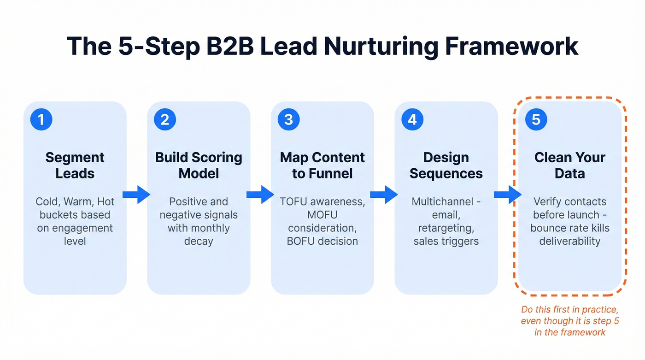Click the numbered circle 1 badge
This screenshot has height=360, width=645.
(x=41, y=120)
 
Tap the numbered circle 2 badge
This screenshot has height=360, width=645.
(x=165, y=120)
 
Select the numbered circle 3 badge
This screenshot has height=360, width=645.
(x=289, y=120)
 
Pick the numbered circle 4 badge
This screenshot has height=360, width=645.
(x=412, y=120)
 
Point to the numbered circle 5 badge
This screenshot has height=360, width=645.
(x=536, y=120)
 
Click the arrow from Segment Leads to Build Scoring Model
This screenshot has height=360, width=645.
(x=136, y=195)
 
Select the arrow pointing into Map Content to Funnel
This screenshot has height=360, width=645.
(x=260, y=195)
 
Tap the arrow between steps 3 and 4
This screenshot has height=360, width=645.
(x=384, y=195)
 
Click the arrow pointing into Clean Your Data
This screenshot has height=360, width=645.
(x=508, y=195)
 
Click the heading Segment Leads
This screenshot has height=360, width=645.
(x=75, y=165)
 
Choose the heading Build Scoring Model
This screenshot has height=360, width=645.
(x=199, y=165)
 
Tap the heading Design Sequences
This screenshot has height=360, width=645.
(x=446, y=165)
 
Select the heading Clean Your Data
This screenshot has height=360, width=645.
(x=570, y=165)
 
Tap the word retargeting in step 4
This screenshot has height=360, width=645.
(x=446, y=228)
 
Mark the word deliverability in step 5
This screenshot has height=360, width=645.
(x=570, y=241)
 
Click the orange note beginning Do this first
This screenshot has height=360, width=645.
(x=570, y=321)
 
